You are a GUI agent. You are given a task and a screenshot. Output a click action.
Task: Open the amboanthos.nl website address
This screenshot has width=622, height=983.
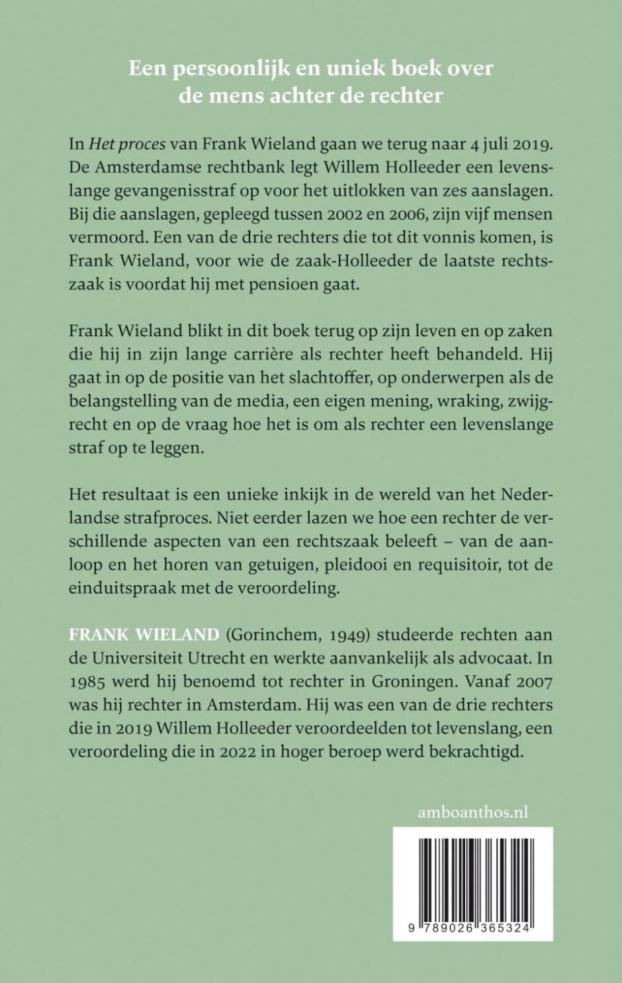pyautogui.click(x=472, y=812)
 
